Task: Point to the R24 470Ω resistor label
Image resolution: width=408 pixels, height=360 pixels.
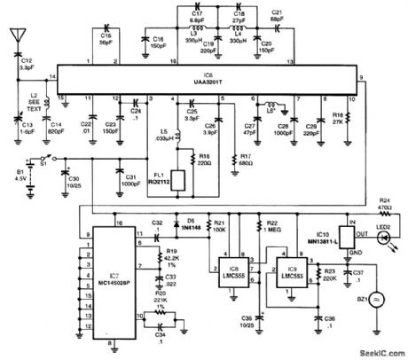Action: pos(385,205)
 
